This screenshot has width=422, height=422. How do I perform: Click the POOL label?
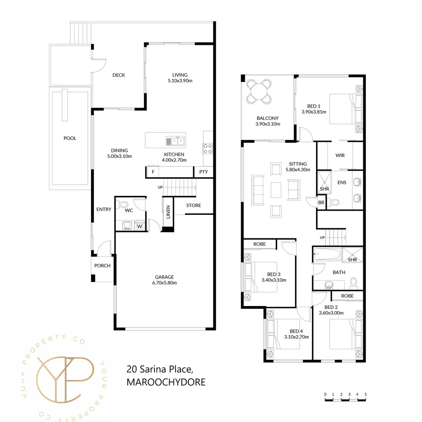[x=70, y=138]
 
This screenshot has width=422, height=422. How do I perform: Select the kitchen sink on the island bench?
[x=175, y=141]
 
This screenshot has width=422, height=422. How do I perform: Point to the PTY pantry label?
[x=204, y=172]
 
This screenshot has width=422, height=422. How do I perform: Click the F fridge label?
[x=153, y=172]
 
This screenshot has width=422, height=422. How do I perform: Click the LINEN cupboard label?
[x=168, y=212]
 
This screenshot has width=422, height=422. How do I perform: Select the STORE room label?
[x=193, y=205]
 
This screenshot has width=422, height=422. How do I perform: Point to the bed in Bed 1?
[x=344, y=109]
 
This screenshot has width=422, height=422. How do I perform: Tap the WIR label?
[x=340, y=156]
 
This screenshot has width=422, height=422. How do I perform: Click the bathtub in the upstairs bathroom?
[x=327, y=255]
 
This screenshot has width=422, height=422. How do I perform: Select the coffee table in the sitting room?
[x=276, y=190]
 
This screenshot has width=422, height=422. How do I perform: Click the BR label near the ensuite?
[x=321, y=202]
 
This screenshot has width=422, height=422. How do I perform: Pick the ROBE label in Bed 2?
[x=347, y=296]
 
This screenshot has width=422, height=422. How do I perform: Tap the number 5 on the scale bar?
[x=365, y=394]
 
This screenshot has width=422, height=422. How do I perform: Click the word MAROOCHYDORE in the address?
[x=166, y=382]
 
